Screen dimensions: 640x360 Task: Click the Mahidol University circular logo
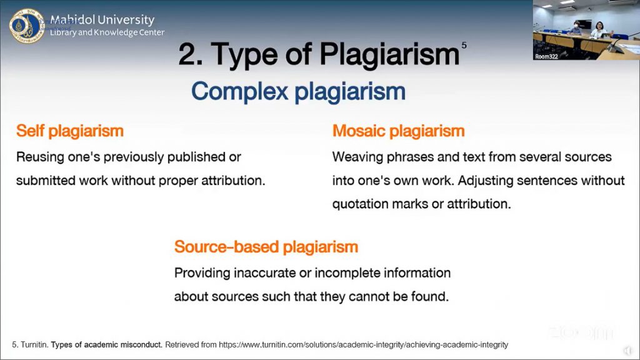coord(26,26)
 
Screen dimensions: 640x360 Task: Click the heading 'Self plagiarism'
coord(70,131)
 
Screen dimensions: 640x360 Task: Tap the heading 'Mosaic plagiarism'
coord(398,131)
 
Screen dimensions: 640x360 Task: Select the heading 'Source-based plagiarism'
coord(266,247)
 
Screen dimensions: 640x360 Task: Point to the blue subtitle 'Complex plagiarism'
coord(298,91)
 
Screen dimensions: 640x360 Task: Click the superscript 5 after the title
coord(464,45)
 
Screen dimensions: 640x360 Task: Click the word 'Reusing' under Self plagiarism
coord(40,157)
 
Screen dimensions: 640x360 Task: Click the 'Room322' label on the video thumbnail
coord(546,57)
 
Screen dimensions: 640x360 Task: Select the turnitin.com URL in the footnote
coord(363,345)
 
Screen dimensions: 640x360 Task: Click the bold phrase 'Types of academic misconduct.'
coord(106,345)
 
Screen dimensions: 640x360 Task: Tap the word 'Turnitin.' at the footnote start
coord(34,345)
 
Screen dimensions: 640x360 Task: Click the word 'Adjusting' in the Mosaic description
coord(485,181)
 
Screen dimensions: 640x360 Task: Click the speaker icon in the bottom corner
coord(627,351)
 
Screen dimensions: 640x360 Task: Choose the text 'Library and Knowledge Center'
coord(107,32)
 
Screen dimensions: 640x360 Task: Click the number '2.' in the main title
coord(191,54)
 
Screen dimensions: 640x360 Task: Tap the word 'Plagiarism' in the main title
coord(389,55)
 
